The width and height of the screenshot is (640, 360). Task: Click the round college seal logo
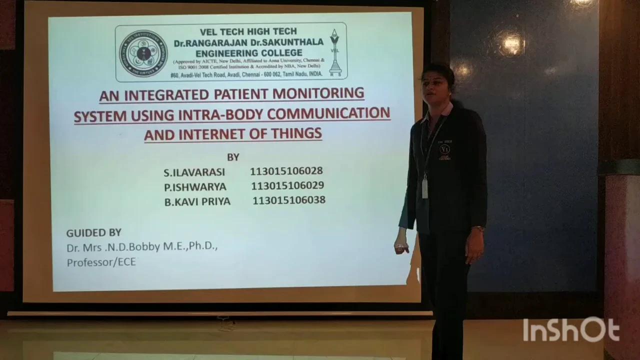point(143,53)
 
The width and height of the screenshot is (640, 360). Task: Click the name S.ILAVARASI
point(194,172)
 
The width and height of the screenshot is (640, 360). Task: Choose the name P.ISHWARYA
point(195,187)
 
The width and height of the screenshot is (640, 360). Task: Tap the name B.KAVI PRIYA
point(197,202)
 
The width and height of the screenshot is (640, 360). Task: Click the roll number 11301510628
point(286,171)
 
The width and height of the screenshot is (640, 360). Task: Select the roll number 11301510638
point(289,200)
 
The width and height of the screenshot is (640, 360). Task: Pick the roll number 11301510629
point(287,185)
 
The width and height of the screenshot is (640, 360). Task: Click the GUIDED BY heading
point(94,232)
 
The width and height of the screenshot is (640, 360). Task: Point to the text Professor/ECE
point(101,262)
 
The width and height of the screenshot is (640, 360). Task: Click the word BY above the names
point(233,157)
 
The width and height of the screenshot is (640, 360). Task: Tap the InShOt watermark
point(571,330)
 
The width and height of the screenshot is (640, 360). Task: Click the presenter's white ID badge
point(425,188)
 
